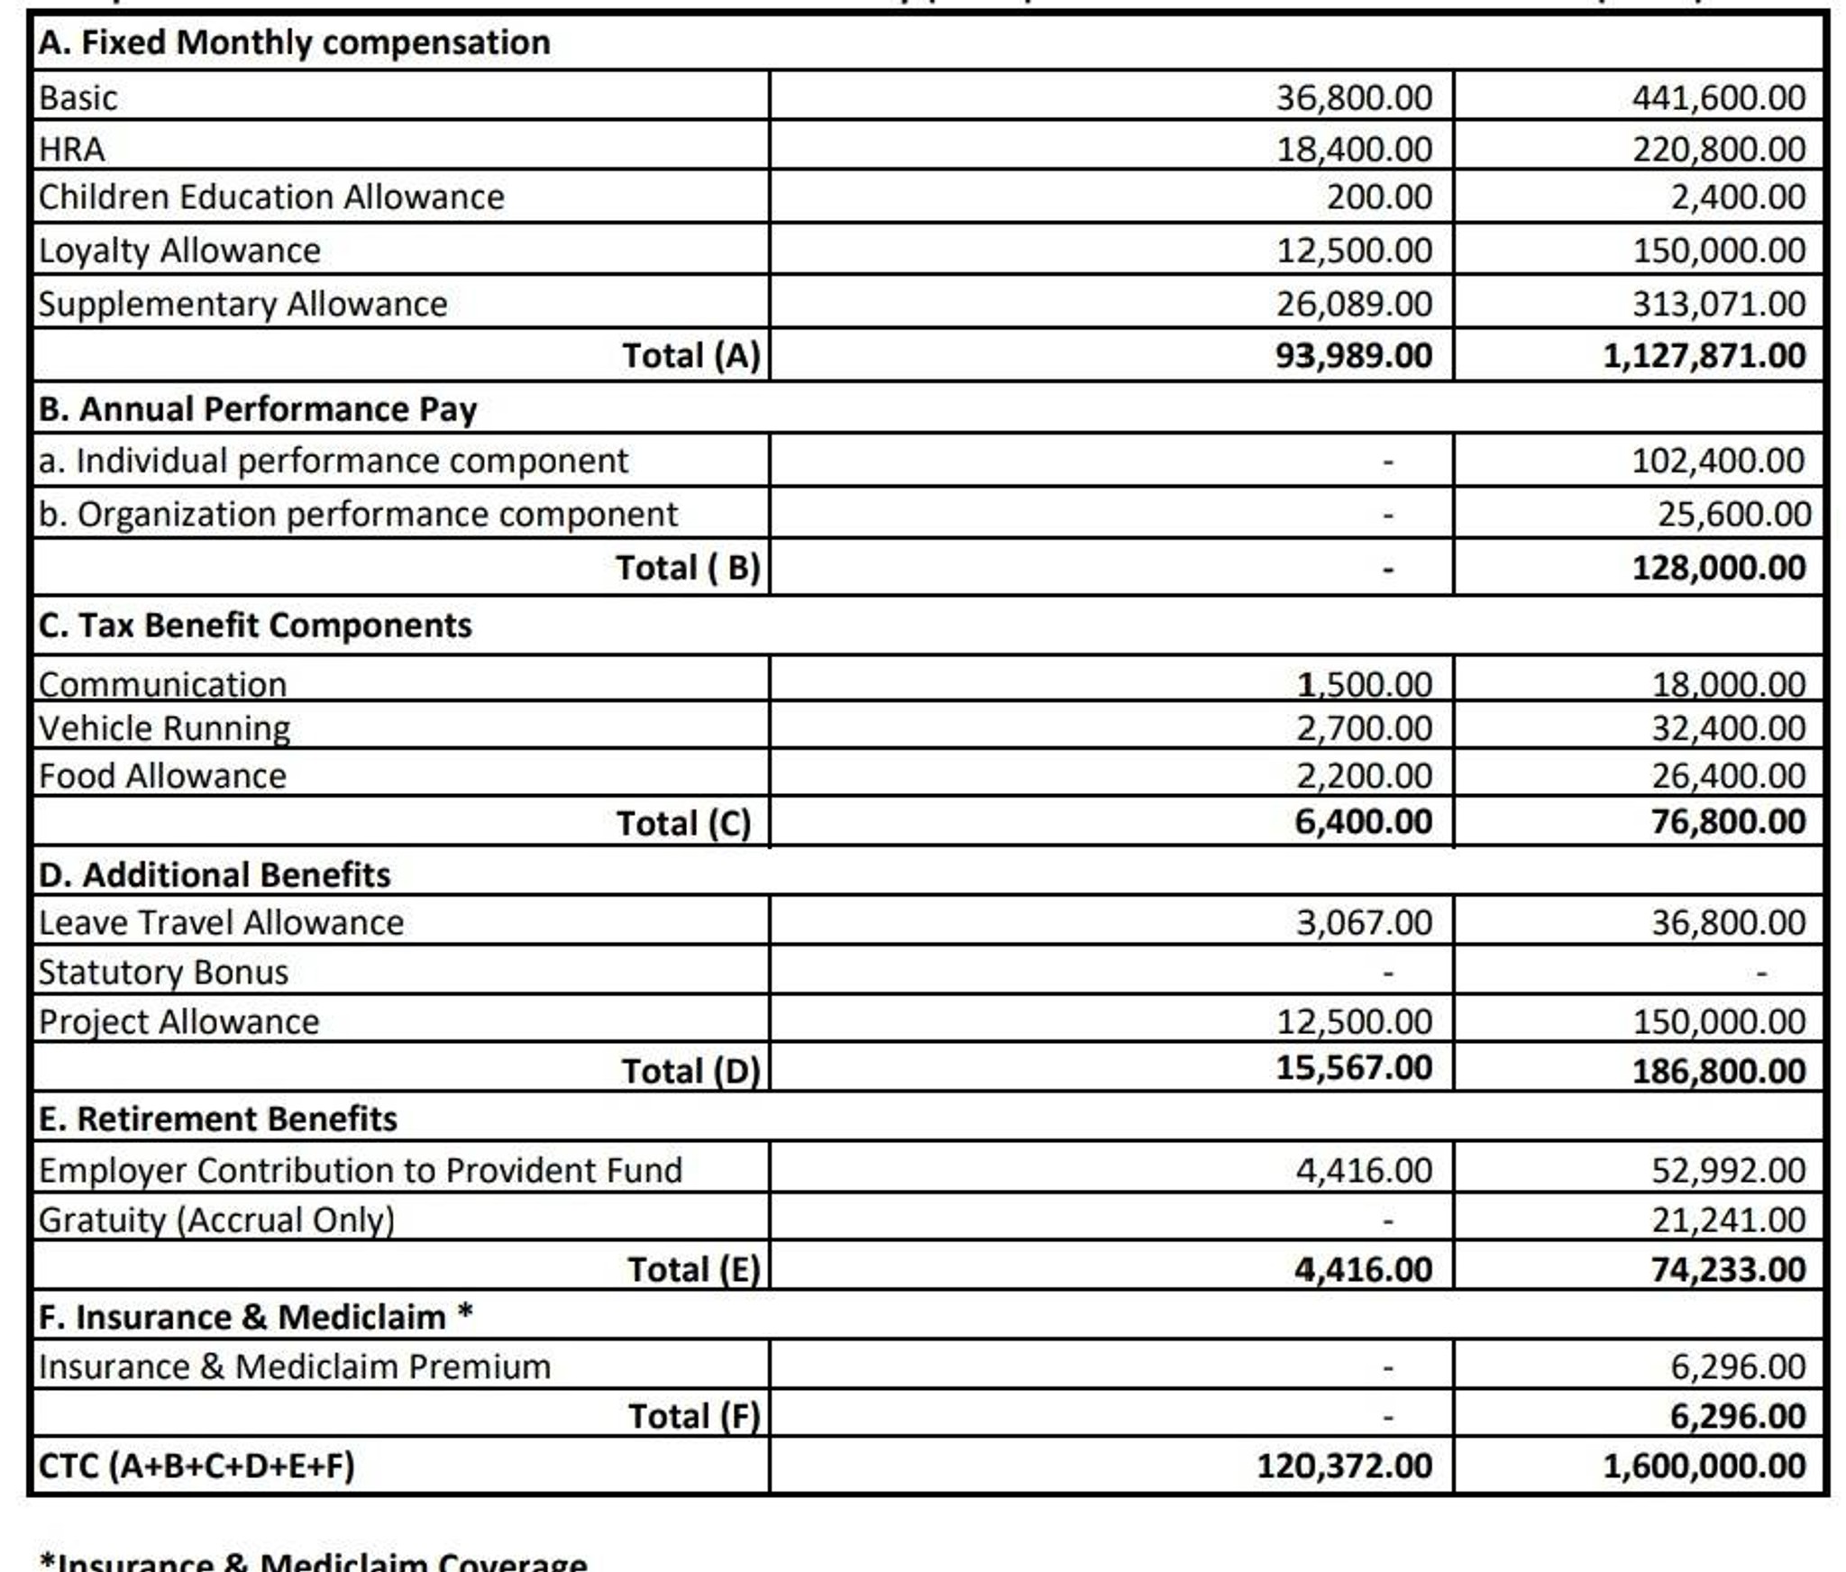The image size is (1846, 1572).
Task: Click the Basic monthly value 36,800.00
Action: [1353, 97]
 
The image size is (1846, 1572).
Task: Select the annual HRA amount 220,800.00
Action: [1718, 149]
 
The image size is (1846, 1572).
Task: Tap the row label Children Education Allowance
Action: [270, 197]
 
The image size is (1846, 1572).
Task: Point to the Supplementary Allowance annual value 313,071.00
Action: [1718, 304]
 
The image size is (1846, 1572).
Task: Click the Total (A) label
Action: [691, 355]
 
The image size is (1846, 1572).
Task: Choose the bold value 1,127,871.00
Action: [1704, 355]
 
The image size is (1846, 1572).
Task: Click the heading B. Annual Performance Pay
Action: [257, 409]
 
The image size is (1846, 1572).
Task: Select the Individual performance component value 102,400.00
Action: [1717, 461]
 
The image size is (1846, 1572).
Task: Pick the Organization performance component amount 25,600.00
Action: [1733, 514]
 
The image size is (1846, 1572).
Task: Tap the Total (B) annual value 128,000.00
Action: [1718, 567]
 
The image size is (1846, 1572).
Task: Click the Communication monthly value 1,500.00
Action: [1364, 684]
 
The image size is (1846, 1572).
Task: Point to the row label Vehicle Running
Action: [164, 728]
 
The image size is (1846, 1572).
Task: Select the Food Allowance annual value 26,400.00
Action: [1728, 775]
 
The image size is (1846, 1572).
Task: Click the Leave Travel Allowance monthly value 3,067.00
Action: [1364, 922]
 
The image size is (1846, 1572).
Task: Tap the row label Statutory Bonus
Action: [163, 972]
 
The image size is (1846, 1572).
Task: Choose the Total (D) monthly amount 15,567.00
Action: [1353, 1067]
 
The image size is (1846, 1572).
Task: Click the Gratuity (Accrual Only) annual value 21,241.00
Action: [1728, 1220]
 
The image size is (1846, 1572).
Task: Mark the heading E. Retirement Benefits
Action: [217, 1119]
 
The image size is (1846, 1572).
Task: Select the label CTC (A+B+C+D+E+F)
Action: [196, 1466]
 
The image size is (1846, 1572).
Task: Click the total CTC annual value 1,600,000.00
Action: [1704, 1466]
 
